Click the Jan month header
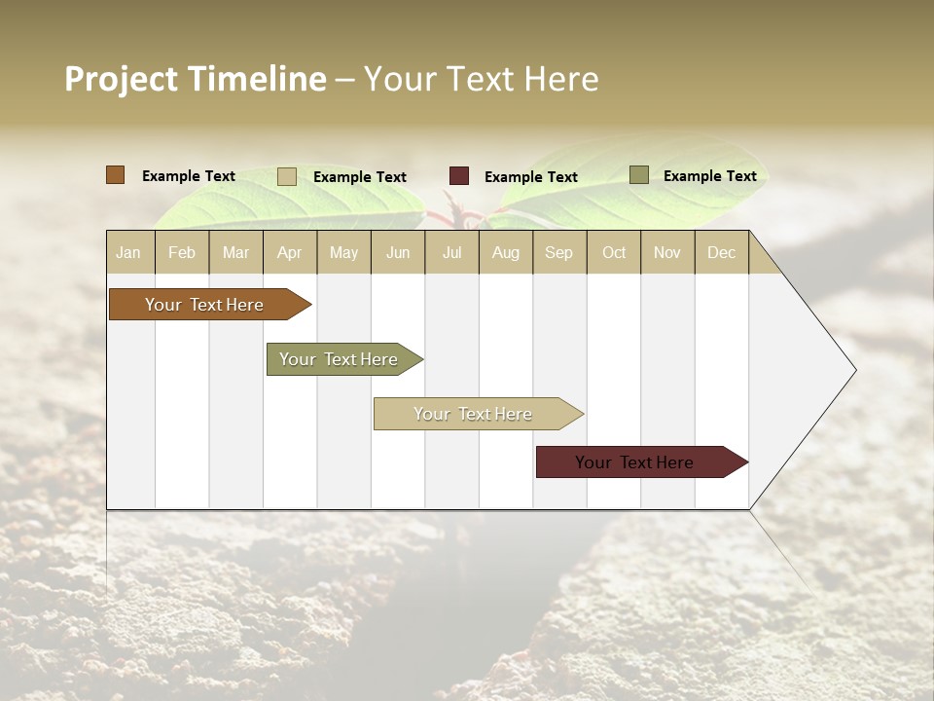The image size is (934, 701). pyautogui.click(x=128, y=252)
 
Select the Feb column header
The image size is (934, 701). pyautogui.click(x=182, y=252)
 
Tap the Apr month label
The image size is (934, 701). pyautogui.click(x=289, y=252)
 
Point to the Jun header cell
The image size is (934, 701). pyautogui.click(x=398, y=252)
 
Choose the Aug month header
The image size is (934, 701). pyautogui.click(x=505, y=252)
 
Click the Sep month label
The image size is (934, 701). pyautogui.click(x=558, y=252)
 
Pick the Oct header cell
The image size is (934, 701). pyautogui.click(x=614, y=252)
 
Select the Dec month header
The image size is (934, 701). pyautogui.click(x=721, y=252)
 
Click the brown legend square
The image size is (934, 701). pyautogui.click(x=116, y=175)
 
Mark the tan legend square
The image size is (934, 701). pyautogui.click(x=287, y=176)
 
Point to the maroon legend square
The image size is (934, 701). pyautogui.click(x=459, y=176)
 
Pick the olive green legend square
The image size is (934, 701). pyautogui.click(x=639, y=175)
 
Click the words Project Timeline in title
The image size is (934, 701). pyautogui.click(x=196, y=79)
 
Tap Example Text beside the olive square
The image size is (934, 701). pyautogui.click(x=709, y=175)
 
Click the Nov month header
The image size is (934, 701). pyautogui.click(x=667, y=252)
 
